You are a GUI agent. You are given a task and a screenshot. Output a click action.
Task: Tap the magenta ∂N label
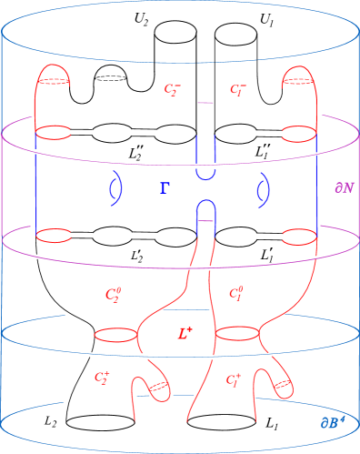pos(344,188)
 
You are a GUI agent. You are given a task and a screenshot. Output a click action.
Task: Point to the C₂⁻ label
pos(172,89)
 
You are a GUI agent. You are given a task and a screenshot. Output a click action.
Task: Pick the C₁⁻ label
pos(237,89)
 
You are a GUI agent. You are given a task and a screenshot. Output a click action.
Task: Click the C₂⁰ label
pos(114,294)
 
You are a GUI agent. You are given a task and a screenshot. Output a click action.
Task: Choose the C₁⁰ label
pos(235,293)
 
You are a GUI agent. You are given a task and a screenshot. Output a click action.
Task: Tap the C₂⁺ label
pos(103,376)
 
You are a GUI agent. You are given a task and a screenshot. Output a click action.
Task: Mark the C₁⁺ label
pos(233,378)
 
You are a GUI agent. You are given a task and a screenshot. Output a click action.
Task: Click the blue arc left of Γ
pos(115,188)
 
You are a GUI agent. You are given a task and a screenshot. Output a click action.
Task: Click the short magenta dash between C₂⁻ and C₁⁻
pos(205,103)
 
